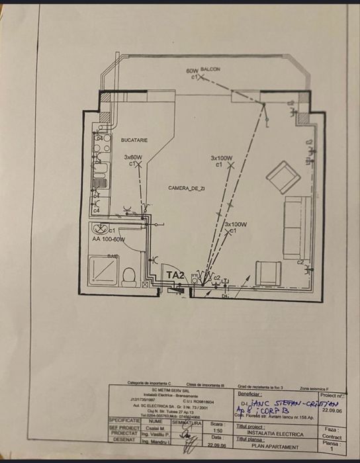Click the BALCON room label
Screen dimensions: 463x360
pos(212,69)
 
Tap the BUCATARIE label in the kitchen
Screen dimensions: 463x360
pos(134,140)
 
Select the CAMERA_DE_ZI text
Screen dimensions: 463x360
pos(187,189)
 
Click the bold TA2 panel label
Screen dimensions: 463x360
pos(175,274)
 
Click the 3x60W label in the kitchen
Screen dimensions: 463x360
pos(134,157)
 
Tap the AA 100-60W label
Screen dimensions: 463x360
pos(109,239)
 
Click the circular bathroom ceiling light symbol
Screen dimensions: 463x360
pos(97,230)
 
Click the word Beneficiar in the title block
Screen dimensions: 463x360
pos(249,392)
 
